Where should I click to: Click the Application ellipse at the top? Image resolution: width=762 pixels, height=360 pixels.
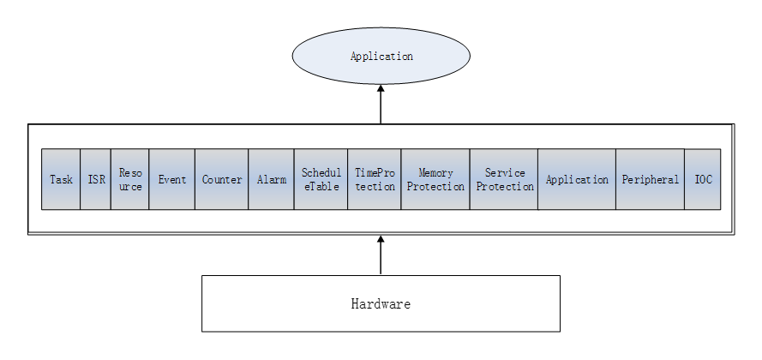381,57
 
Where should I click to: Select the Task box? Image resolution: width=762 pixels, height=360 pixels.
61,179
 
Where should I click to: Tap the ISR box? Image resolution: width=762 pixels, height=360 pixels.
96,179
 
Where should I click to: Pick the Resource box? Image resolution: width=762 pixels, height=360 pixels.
129,179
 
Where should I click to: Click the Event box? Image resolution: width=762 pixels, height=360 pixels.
171,179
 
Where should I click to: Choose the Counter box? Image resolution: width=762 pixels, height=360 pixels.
221,179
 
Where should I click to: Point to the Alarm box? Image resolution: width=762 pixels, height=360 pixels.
271,179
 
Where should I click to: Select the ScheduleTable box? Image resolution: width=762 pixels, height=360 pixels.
321,179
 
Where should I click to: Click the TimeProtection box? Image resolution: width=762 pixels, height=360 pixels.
374,179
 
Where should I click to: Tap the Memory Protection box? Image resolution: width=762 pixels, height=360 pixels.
435,179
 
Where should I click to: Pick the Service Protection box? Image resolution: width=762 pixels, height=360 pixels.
504,179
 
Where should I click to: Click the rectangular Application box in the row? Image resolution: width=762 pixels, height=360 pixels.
577,179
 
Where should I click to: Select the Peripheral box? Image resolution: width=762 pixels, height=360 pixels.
650,179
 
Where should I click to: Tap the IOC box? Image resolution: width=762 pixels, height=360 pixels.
703,179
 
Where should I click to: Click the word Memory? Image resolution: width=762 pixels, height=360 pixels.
435,173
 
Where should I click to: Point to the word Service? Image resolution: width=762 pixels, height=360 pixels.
505,173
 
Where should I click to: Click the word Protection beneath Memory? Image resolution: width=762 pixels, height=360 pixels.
435,187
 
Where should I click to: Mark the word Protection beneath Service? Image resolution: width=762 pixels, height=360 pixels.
505,187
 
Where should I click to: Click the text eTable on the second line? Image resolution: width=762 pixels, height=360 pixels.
321,187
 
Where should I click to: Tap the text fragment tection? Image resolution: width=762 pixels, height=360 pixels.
375,187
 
